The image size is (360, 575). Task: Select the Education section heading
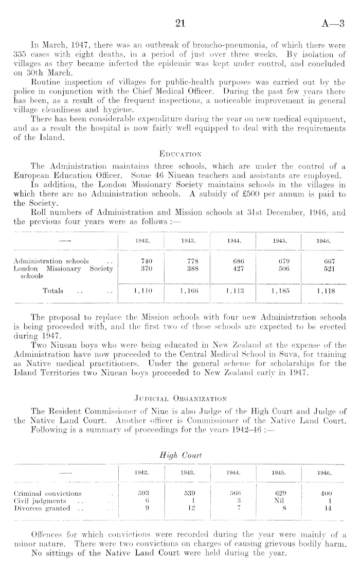(x=180, y=153)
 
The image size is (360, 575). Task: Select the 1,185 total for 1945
(x=281, y=291)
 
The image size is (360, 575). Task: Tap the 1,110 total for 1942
(x=141, y=291)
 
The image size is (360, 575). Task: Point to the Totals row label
(x=53, y=291)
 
